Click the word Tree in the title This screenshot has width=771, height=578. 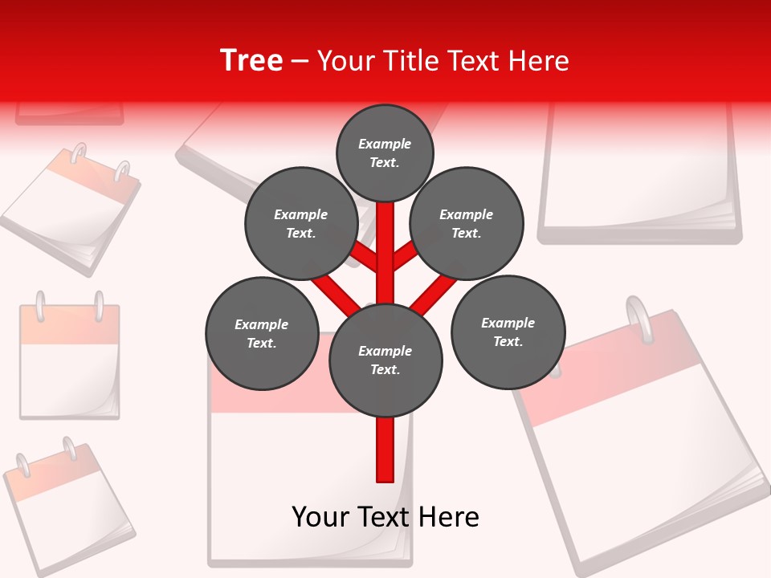click(x=251, y=61)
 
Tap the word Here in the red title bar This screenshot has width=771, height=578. click(x=538, y=61)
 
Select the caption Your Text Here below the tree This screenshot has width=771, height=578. click(x=385, y=517)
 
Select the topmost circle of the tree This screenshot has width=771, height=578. click(x=385, y=153)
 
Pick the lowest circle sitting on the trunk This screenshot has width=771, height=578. click(x=385, y=360)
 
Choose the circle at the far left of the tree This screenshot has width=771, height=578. click(x=262, y=333)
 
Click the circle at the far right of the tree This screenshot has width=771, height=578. click(x=508, y=332)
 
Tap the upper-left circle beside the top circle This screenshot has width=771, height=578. click(x=300, y=223)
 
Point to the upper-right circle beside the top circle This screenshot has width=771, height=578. click(x=467, y=223)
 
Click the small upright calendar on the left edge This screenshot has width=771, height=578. click(x=69, y=360)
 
